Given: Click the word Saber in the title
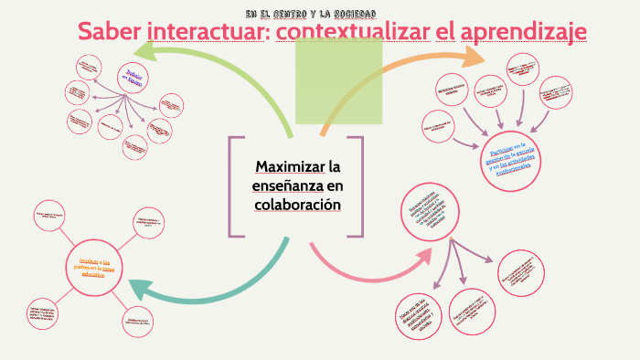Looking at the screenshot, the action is click(x=109, y=31).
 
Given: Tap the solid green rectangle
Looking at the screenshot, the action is click(x=338, y=82).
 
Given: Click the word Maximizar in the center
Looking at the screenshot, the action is click(x=290, y=167).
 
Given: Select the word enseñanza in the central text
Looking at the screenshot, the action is click(x=287, y=186).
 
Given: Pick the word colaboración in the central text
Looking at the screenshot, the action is click(x=297, y=205).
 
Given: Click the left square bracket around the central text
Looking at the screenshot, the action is click(x=233, y=186).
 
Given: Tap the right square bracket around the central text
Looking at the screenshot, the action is click(x=359, y=186).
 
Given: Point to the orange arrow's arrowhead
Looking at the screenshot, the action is click(x=475, y=57).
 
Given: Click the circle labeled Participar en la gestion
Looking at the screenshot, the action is click(x=507, y=160).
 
